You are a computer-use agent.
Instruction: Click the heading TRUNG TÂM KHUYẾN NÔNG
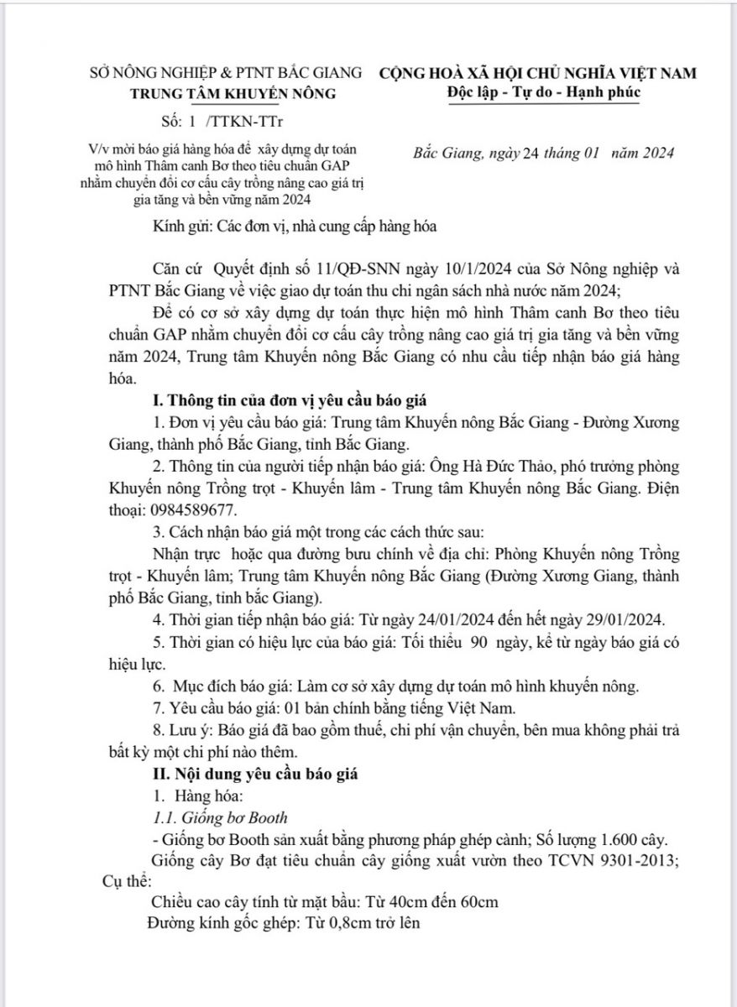pyautogui.click(x=233, y=93)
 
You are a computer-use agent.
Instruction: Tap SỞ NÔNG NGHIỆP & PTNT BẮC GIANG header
pyautogui.click(x=227, y=73)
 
